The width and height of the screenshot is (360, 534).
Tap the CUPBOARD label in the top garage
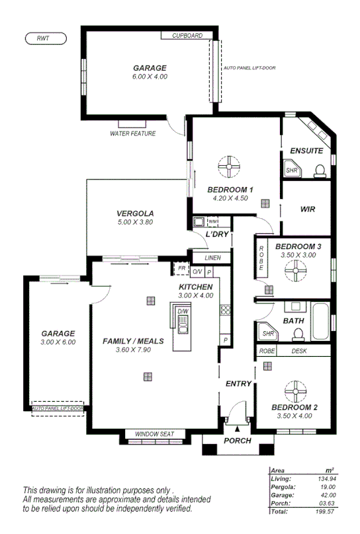point(187,36)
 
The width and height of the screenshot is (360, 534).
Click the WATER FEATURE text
point(133,133)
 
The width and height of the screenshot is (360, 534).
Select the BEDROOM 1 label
point(229,188)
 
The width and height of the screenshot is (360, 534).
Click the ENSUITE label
point(306,151)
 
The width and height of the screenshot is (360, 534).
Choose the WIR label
point(307,209)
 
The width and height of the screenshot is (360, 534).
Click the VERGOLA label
point(135,213)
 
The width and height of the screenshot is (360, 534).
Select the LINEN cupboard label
point(212,258)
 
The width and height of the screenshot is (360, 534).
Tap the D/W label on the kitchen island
point(183,311)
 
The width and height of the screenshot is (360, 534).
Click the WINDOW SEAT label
point(154,434)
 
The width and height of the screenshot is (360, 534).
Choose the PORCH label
point(238,441)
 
